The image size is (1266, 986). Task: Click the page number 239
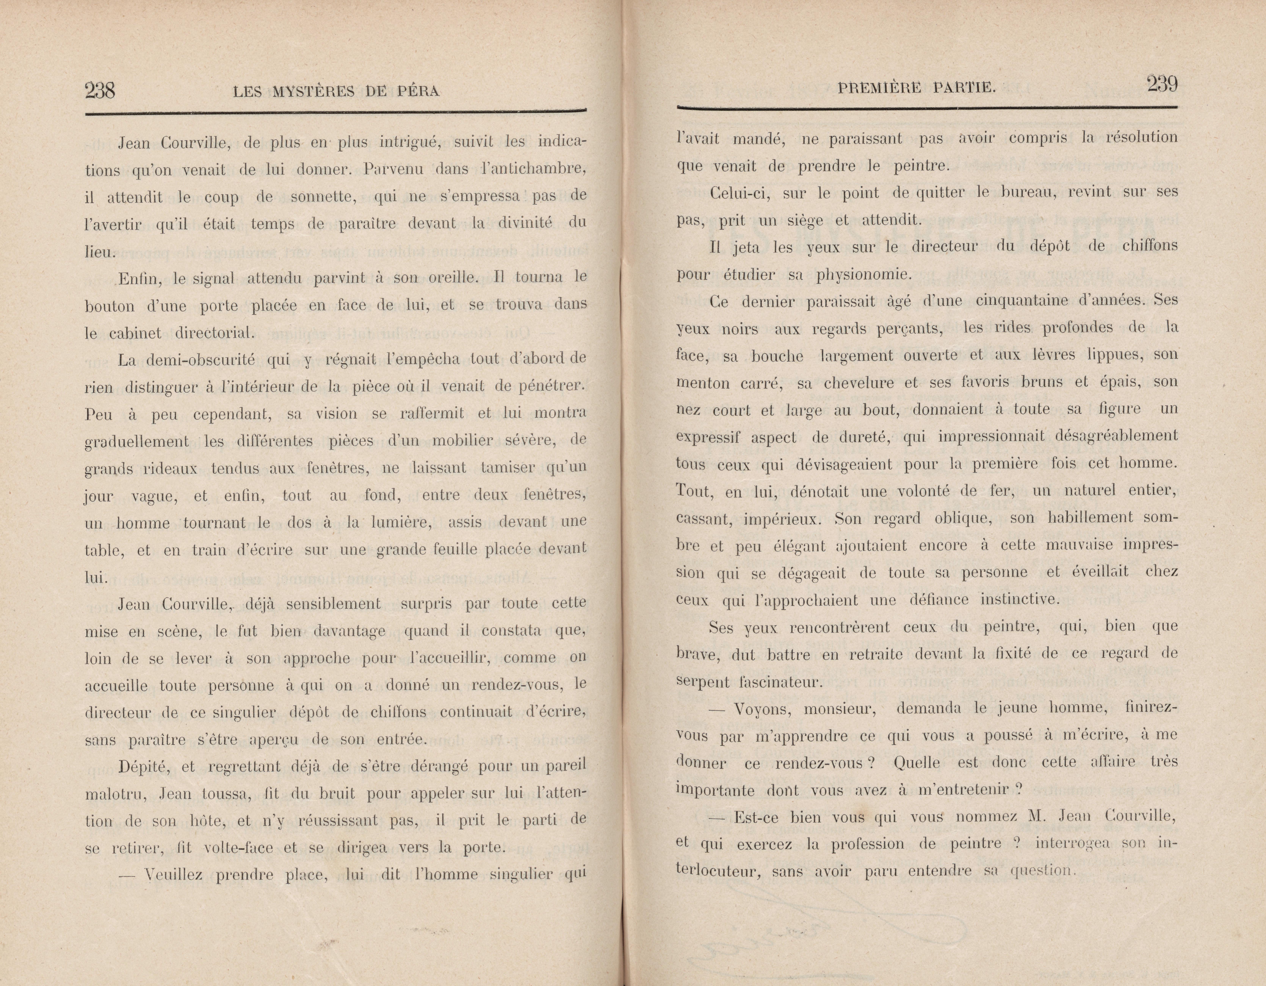coord(1162,85)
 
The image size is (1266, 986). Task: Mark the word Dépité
coord(143,766)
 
